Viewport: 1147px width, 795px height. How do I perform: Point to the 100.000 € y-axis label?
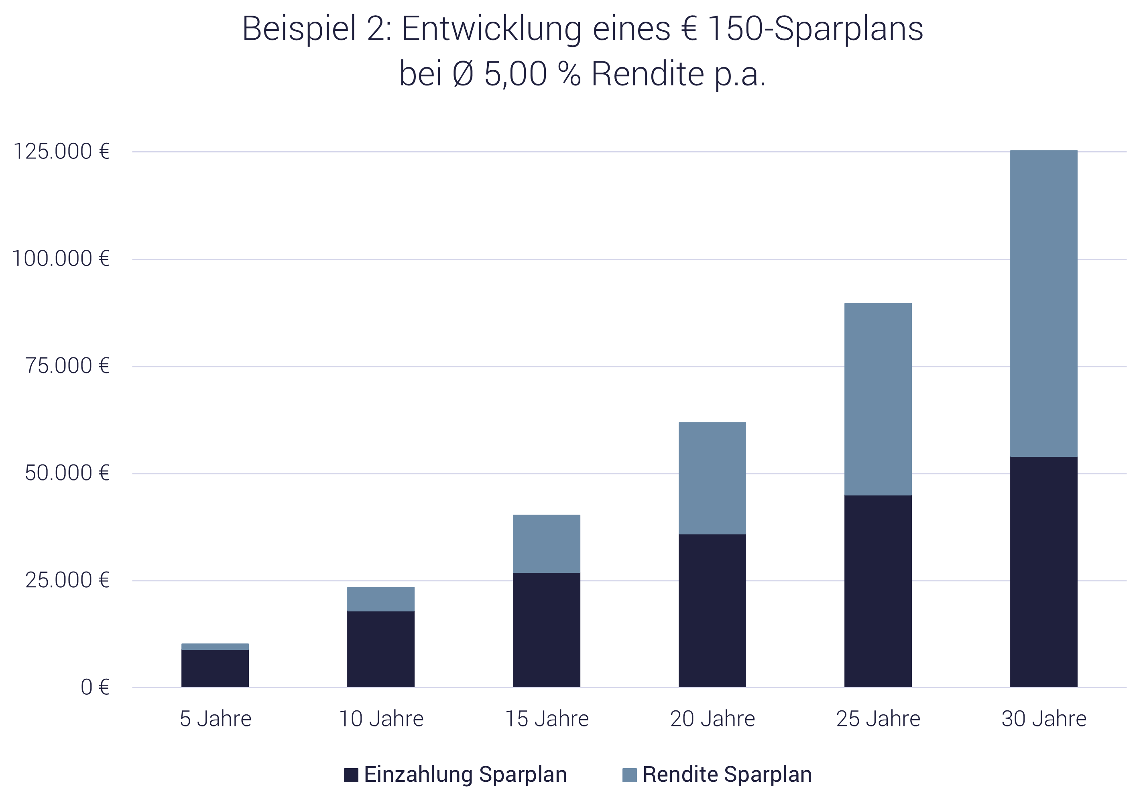[60, 259]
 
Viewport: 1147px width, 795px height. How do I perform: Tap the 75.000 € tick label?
[67, 366]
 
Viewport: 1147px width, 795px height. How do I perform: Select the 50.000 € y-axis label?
[67, 473]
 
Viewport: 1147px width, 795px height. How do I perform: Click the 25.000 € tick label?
[67, 580]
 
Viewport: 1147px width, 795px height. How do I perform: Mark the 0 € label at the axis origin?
[95, 688]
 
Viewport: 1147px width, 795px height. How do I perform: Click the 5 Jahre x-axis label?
[215, 719]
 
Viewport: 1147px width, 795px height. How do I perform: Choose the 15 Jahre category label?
[547, 719]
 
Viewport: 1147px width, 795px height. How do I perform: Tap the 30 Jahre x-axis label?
[1044, 719]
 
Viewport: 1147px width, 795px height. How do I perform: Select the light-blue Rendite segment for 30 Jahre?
[1044, 304]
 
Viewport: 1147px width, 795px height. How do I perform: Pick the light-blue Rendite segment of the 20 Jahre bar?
[712, 478]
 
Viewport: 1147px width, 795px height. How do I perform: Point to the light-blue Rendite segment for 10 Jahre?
[381, 599]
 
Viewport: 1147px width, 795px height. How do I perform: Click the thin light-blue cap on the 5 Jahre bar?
[215, 647]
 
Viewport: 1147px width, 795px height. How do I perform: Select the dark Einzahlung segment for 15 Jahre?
[547, 630]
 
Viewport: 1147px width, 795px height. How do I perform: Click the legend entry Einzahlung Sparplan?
[465, 775]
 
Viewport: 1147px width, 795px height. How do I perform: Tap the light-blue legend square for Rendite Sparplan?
[630, 775]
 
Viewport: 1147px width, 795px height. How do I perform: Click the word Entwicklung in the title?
[491, 29]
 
